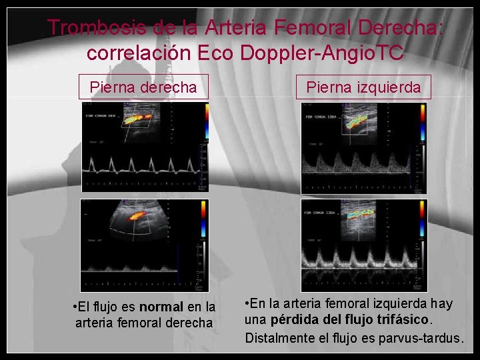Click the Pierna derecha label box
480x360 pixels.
tap(143, 87)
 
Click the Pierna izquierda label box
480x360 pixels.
tap(363, 87)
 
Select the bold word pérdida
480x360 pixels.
tap(299, 320)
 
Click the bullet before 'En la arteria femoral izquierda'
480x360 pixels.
tap(248, 303)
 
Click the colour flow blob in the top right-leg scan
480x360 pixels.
tap(136, 120)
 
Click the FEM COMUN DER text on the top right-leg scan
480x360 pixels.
tap(101, 115)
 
